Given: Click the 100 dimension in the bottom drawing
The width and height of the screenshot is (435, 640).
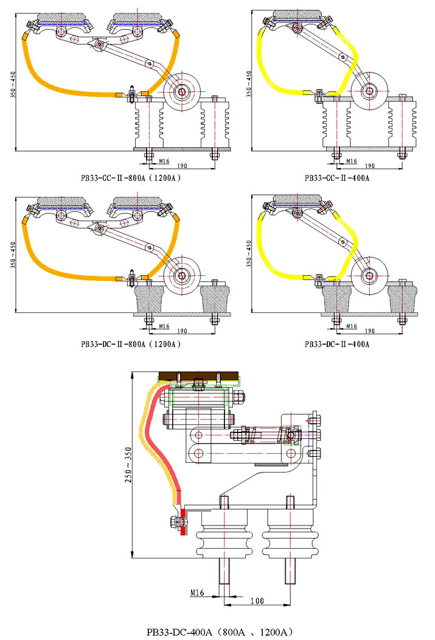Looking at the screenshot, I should pos(257,601).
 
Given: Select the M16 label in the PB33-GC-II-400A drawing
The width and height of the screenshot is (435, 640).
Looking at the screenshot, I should pos(351,161).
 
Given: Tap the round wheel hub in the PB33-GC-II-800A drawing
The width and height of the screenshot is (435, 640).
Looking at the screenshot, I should pos(183,92).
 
